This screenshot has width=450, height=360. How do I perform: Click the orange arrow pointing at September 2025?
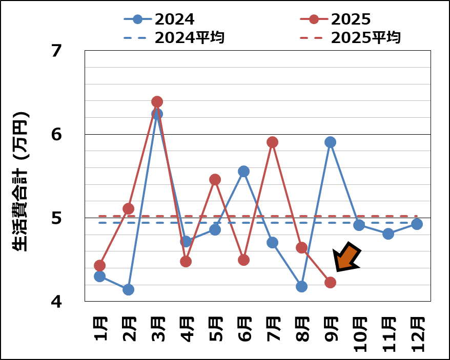point(347,257)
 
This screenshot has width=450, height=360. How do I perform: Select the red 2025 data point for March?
point(157,101)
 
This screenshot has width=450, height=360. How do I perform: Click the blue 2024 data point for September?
point(330,142)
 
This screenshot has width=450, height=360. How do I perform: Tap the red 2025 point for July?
point(272,142)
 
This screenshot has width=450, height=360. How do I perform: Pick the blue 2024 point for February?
point(128,289)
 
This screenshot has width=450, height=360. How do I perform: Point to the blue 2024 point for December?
point(417,224)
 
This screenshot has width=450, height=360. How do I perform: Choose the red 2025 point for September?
point(330,282)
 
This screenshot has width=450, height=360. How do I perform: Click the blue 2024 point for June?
point(243,171)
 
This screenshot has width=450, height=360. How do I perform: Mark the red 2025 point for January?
point(99,265)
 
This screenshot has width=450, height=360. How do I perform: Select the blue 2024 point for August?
point(301,286)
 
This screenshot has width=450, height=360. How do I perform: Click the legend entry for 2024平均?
point(174,38)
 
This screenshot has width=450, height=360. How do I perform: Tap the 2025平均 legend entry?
point(351,38)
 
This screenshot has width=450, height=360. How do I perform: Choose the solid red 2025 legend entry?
point(336,19)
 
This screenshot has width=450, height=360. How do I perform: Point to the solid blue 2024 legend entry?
point(159,19)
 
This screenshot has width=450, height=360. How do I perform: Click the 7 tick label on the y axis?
point(56,51)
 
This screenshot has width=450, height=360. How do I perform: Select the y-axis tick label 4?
point(56,302)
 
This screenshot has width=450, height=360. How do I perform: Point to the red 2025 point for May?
point(215,179)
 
